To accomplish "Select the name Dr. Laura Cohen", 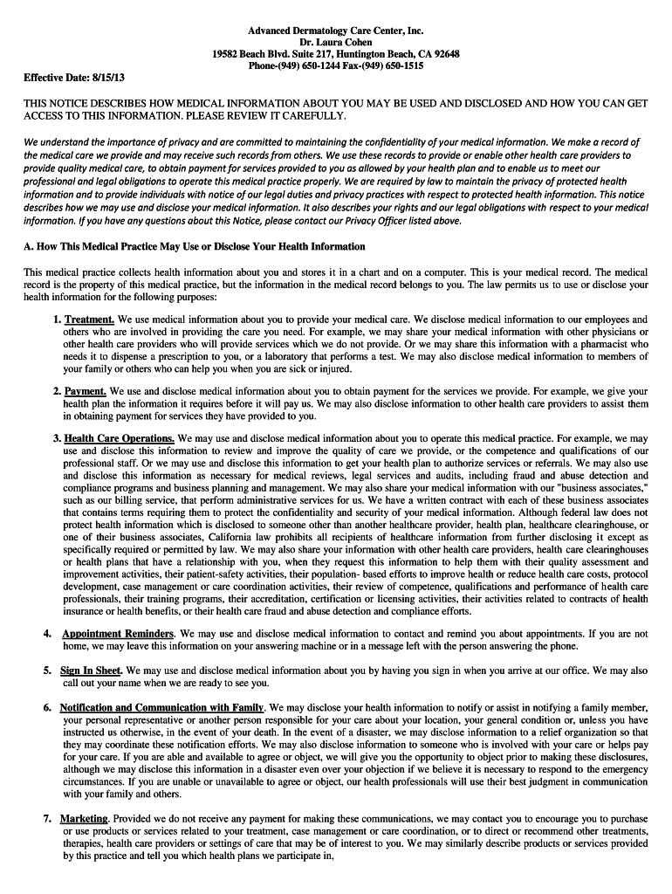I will pos(336,42).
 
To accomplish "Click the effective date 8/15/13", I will pos(98,77).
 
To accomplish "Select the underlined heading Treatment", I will pos(89,320).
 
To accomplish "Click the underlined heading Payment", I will pos(86,391).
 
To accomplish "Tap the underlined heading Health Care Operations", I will pos(120,438).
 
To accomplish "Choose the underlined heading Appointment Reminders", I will pos(119,633).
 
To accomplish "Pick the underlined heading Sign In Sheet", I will pos(91,670).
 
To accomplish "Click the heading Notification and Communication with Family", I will pos(162,707).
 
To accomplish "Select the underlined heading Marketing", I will pos(85,819).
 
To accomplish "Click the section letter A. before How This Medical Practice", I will pos(28,246).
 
